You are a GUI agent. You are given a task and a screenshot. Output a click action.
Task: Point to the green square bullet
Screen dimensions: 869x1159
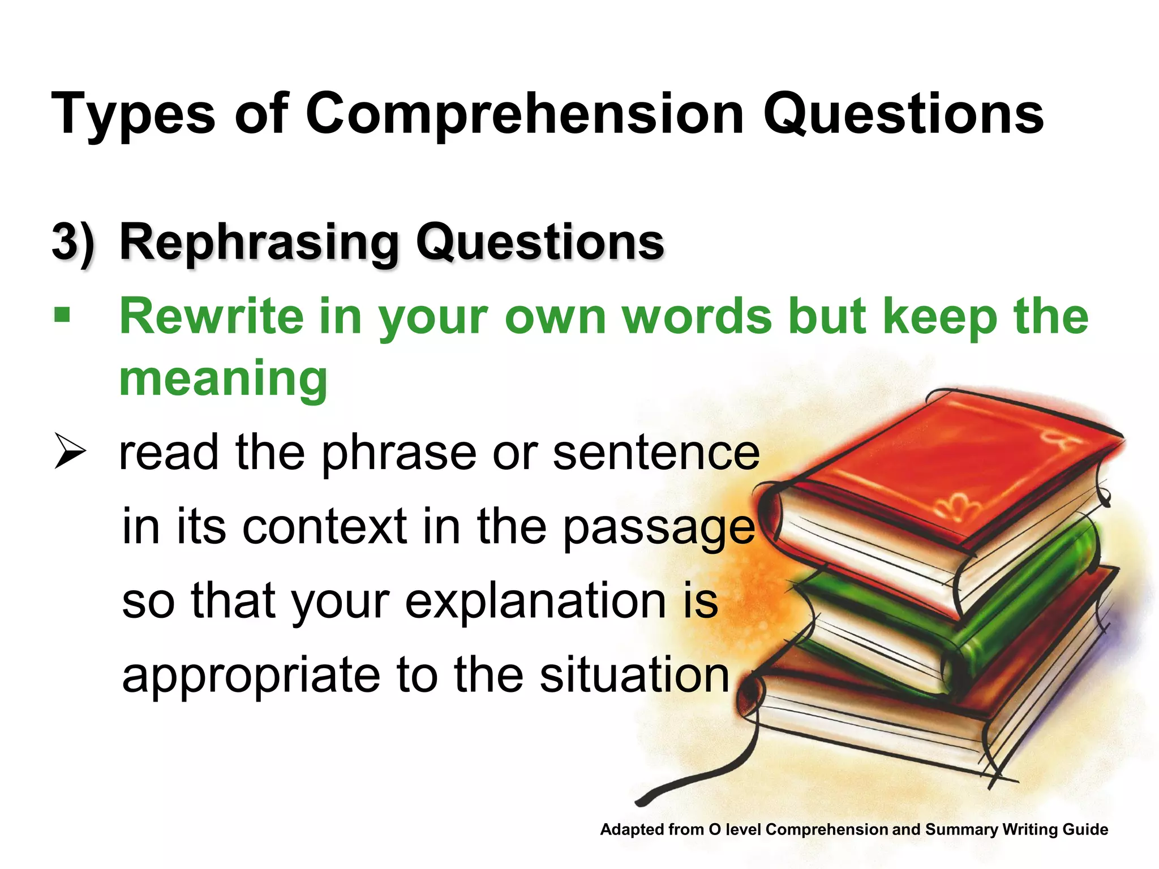62,315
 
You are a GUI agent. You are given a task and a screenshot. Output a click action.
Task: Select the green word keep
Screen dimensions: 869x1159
939,317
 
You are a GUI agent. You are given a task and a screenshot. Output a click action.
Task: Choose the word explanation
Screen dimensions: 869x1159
535,601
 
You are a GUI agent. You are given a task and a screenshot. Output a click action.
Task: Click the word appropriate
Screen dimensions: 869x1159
251,676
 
